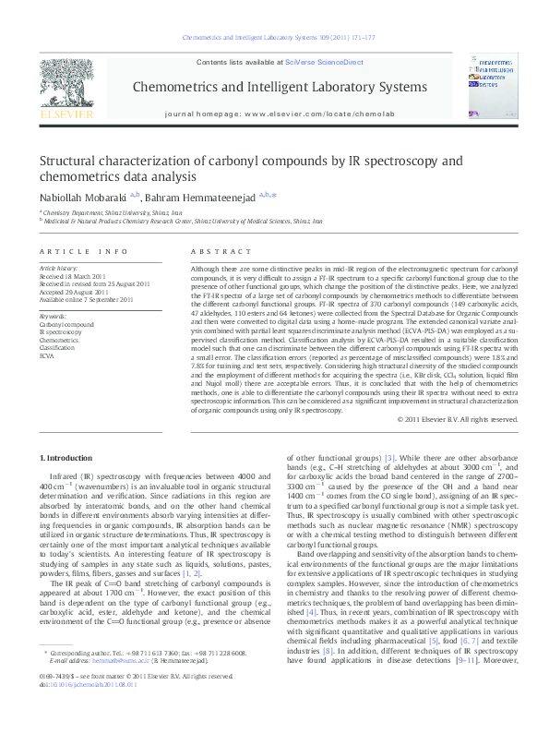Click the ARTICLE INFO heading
click(83, 251)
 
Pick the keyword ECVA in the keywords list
click(47, 354)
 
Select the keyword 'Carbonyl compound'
click(66, 325)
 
